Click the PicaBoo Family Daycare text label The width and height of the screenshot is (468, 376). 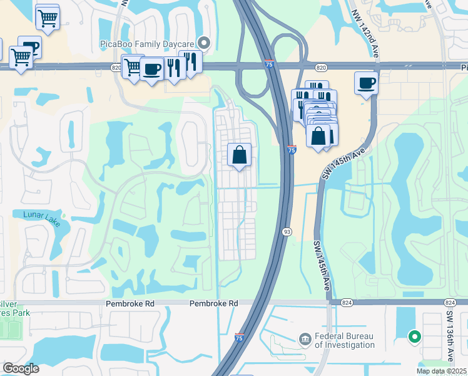pyautogui.click(x=148, y=43)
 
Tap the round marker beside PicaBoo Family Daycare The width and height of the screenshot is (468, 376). pyautogui.click(x=204, y=43)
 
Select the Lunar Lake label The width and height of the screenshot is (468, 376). pyautogui.click(x=41, y=215)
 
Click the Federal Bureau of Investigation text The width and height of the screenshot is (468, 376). pyautogui.click(x=345, y=340)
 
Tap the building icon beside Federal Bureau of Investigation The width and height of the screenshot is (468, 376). pyautogui.click(x=305, y=339)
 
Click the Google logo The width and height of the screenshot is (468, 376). pyautogui.click(x=21, y=368)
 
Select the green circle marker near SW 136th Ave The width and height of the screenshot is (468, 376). pyautogui.click(x=413, y=338)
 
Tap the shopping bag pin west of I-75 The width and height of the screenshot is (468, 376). pyautogui.click(x=240, y=155)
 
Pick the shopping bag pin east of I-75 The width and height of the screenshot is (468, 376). pyautogui.click(x=318, y=135)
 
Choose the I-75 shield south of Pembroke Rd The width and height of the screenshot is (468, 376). pyautogui.click(x=239, y=337)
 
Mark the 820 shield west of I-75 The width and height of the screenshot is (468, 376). pyautogui.click(x=116, y=66)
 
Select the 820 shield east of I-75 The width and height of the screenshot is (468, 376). pyautogui.click(x=321, y=66)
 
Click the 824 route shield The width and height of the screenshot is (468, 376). pyautogui.click(x=347, y=303)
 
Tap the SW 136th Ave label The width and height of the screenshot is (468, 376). pyautogui.click(x=450, y=336)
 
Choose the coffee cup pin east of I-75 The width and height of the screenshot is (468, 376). pyautogui.click(x=366, y=82)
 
